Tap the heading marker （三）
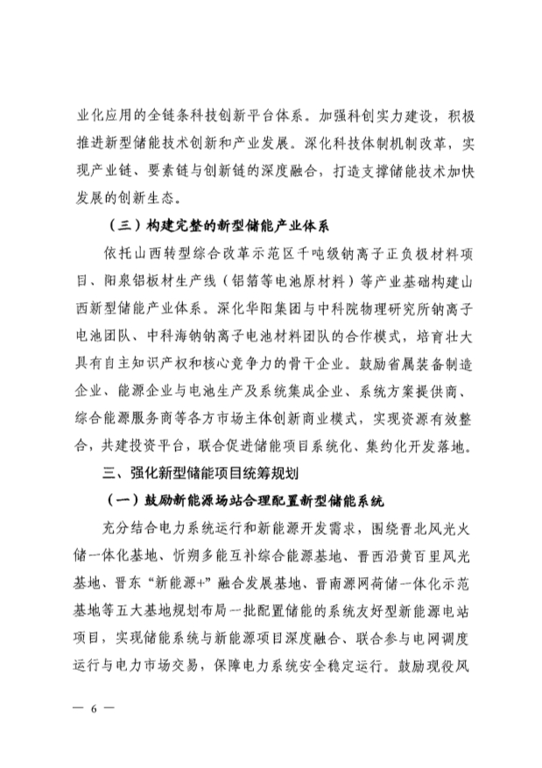click(119, 223)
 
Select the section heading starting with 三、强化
click(201, 474)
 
